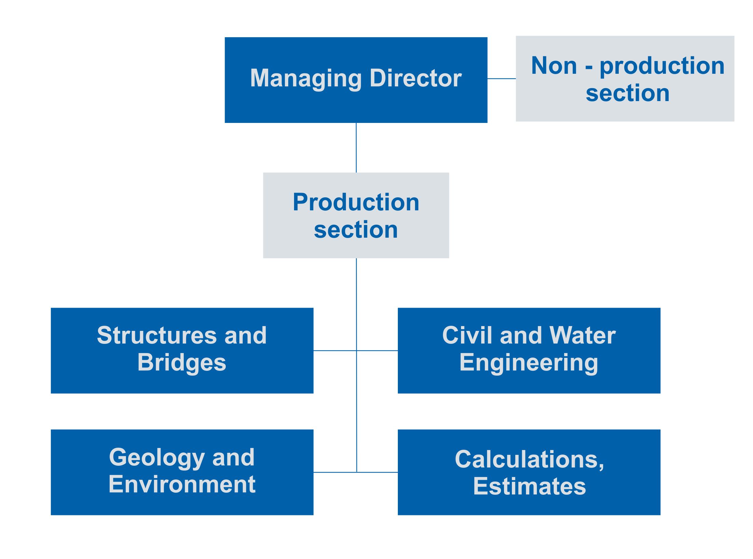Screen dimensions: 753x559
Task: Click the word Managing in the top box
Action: tap(306, 79)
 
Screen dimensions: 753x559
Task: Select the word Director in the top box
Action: tap(416, 78)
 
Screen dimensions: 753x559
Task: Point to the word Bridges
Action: tap(182, 363)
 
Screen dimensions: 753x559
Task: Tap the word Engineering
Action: tap(529, 363)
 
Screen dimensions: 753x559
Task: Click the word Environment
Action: tap(182, 484)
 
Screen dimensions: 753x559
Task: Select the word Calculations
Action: tap(527, 459)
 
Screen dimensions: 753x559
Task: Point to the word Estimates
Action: tap(529, 486)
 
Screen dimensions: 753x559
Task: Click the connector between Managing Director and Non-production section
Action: tap(501, 79)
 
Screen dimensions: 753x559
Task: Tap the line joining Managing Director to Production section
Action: tap(356, 148)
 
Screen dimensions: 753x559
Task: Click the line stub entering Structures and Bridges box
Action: tap(335, 350)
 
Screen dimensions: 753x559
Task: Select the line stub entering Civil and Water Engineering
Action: tap(377, 350)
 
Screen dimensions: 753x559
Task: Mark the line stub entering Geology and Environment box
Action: tap(335, 472)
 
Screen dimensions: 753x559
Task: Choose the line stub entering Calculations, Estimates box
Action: tap(377, 472)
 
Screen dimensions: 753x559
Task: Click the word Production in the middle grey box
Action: tap(356, 202)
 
